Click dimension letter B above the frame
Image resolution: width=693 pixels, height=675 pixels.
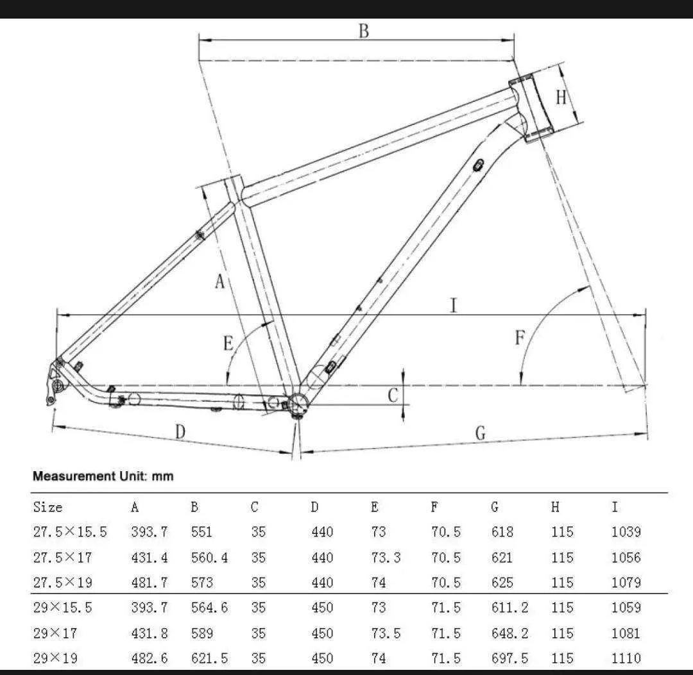pyautogui.click(x=364, y=31)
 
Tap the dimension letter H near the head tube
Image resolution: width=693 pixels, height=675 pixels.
pyautogui.click(x=561, y=97)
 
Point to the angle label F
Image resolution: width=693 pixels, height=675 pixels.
pyautogui.click(x=520, y=338)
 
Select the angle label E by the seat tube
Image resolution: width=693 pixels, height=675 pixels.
pyautogui.click(x=228, y=343)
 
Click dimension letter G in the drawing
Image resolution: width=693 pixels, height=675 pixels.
pyautogui.click(x=481, y=433)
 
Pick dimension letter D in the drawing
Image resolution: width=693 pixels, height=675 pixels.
pyautogui.click(x=180, y=431)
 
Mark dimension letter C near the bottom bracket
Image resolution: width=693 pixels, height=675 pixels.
pyautogui.click(x=393, y=396)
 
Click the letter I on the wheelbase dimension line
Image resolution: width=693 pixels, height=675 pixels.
pyautogui.click(x=454, y=306)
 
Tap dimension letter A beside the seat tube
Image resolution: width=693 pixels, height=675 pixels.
pyautogui.click(x=219, y=281)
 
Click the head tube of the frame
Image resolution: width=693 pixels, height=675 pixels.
pyautogui.click(x=531, y=108)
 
